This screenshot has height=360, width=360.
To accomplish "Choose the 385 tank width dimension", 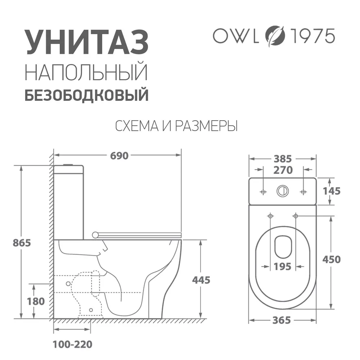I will (283, 158).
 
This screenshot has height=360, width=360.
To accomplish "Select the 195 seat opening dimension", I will (283, 267).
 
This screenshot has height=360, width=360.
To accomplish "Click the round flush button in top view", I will (283, 191).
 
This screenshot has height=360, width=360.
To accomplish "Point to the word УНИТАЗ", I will (86, 42).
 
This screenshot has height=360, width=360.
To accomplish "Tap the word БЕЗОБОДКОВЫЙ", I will (86, 96).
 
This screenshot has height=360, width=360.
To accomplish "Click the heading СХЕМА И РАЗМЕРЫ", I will (176, 126).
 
